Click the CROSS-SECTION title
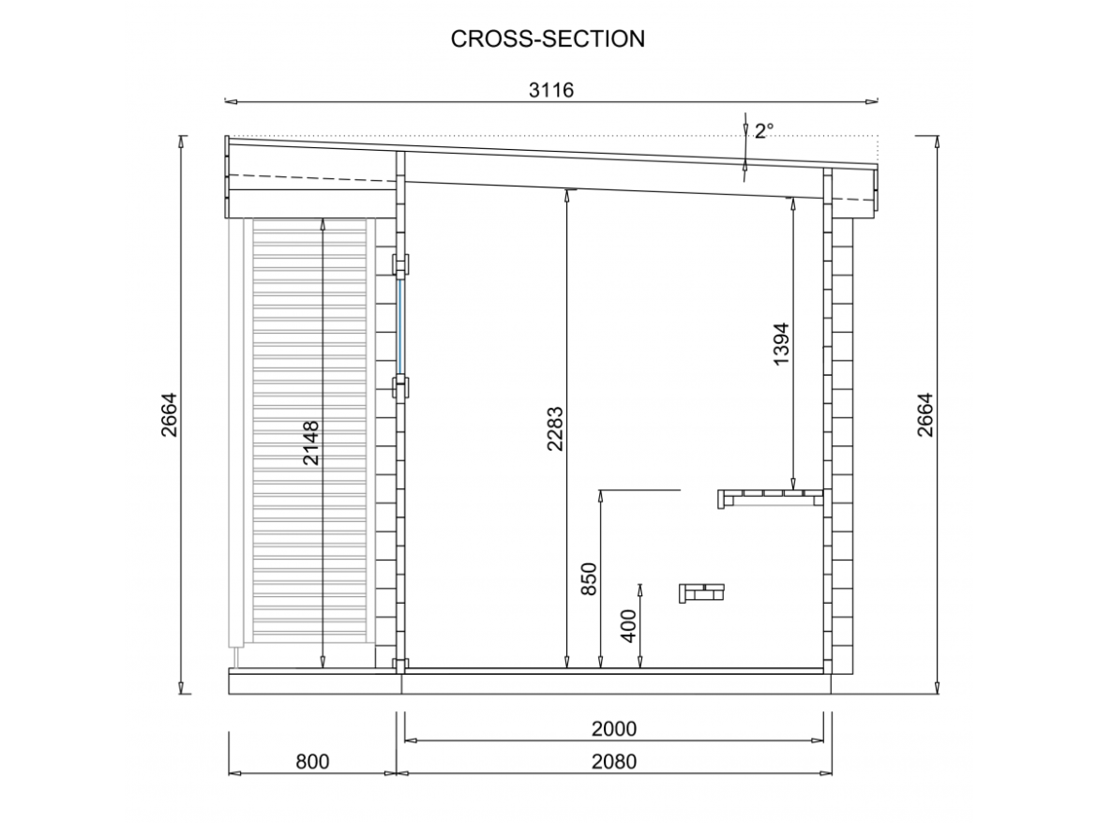click(548, 39)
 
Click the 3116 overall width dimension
click(551, 90)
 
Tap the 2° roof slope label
click(763, 130)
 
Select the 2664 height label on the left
click(170, 415)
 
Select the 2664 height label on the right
click(924, 415)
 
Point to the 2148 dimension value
click(310, 442)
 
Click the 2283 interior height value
click(555, 428)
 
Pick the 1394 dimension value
click(781, 343)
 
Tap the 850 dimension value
click(589, 579)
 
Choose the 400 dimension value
click(628, 626)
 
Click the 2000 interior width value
click(614, 728)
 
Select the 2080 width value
click(614, 761)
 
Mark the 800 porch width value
click(312, 761)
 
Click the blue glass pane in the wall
click(401, 327)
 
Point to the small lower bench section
click(701, 593)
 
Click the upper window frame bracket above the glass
click(401, 264)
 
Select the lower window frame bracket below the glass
click(401, 387)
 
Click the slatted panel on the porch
click(309, 430)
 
